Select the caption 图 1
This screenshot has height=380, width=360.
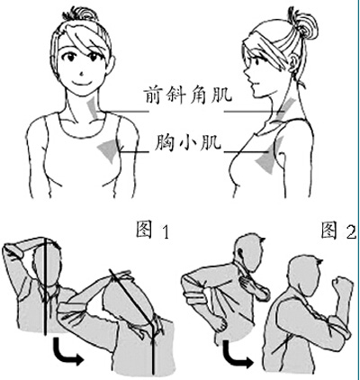(x=152, y=230)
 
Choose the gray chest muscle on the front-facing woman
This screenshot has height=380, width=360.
(x=110, y=148)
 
